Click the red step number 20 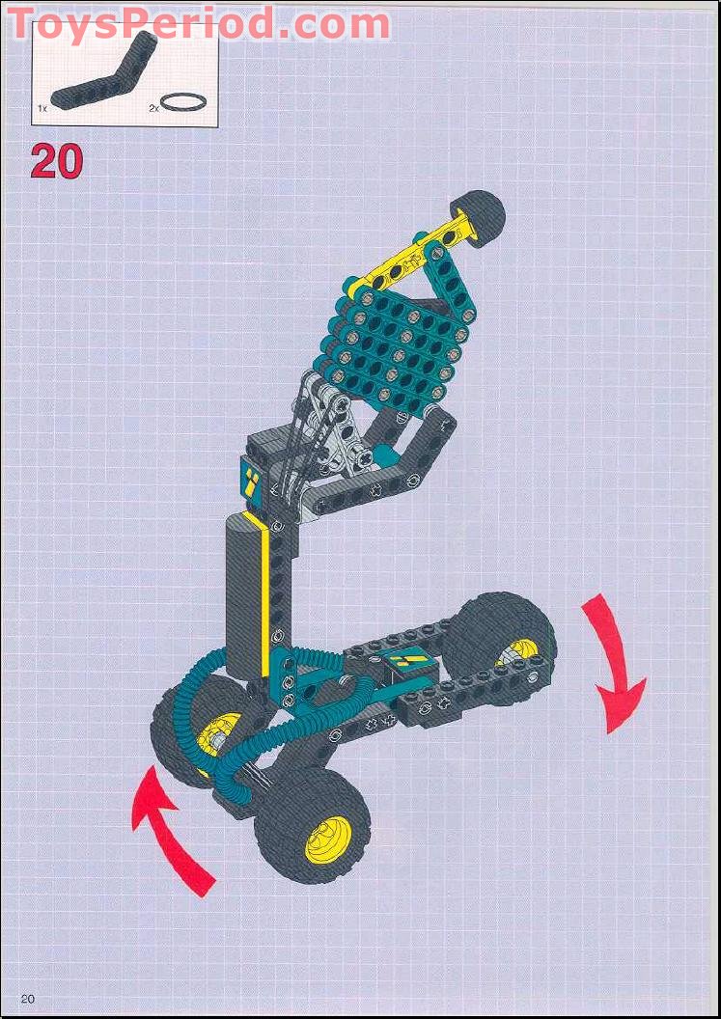pyautogui.click(x=56, y=161)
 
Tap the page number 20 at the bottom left pyautogui.click(x=27, y=998)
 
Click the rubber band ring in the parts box pyautogui.click(x=182, y=100)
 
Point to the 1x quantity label pyautogui.click(x=42, y=108)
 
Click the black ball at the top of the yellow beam pyautogui.click(x=480, y=212)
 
